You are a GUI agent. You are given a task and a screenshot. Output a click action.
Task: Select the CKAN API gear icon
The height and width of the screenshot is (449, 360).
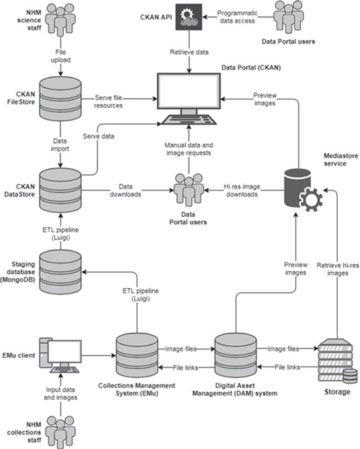pos(187,16)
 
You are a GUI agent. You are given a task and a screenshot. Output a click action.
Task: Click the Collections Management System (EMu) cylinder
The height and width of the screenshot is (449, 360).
pos(138,354)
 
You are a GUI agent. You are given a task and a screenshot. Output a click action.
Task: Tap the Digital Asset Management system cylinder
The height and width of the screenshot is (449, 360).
pos(237,354)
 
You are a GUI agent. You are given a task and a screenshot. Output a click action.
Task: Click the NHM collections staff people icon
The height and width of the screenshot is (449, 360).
pos(62,428)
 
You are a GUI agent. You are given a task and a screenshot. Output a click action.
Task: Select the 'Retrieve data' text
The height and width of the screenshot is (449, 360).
pos(188,51)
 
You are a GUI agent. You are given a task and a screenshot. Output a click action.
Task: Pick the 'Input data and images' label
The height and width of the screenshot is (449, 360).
pos(62,393)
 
